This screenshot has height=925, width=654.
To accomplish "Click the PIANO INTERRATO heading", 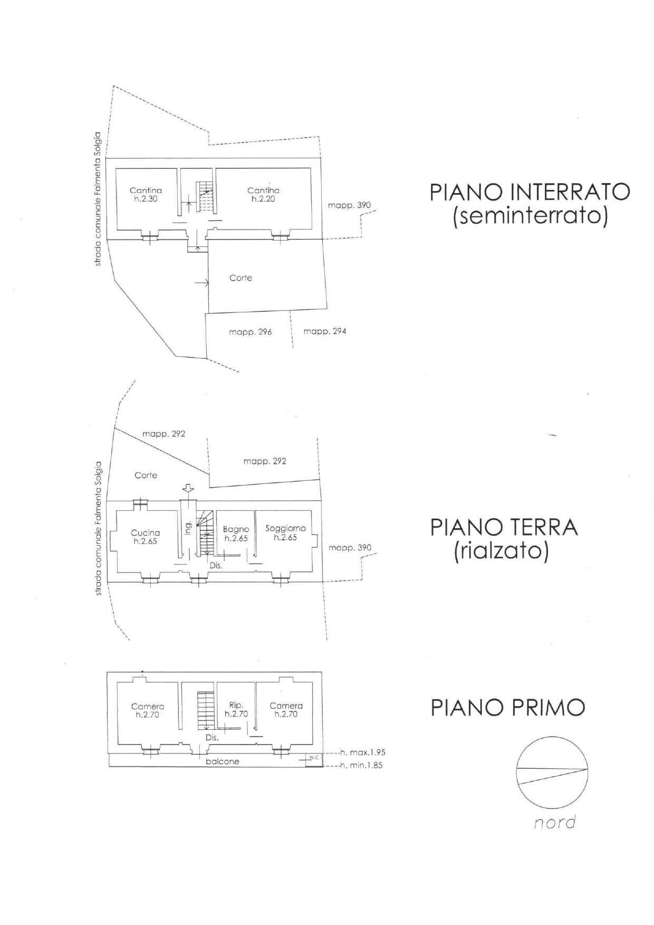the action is tap(530, 192).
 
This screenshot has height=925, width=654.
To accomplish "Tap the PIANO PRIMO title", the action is tap(508, 708).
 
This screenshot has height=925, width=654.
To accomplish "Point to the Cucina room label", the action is tap(146, 533).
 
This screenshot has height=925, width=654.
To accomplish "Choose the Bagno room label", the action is tap(236, 529).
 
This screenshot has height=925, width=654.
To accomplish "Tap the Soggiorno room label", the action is tap(285, 528).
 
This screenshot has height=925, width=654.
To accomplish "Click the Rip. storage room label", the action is tap(236, 705).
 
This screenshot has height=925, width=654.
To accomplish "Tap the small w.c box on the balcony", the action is tap(314, 758).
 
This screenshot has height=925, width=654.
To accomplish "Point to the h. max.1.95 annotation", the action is tap(362, 752).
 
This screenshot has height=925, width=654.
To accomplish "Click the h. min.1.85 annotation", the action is tap(361, 765).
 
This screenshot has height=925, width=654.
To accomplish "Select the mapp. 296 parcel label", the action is tap(251, 332).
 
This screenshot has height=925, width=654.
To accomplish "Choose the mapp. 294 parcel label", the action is tap(325, 331).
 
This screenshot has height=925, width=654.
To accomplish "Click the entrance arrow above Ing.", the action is tap(188, 488).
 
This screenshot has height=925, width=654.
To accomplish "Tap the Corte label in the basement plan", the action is tap(241, 278).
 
